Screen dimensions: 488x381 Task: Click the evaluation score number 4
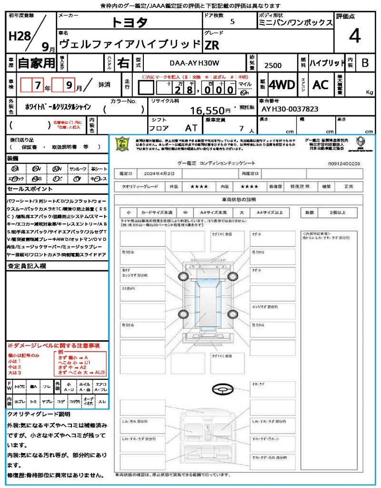click(354, 36)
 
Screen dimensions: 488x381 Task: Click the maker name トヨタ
click(130, 22)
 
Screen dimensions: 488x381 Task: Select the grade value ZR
click(212, 45)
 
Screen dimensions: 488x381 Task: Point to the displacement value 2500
click(273, 65)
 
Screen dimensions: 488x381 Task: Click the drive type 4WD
click(282, 85)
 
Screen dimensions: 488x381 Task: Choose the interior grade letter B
click(365, 63)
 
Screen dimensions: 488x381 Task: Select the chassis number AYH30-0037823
click(290, 109)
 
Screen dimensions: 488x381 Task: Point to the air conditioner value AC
click(321, 85)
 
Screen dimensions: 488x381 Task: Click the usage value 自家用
click(36, 63)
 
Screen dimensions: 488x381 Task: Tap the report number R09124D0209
click(344, 163)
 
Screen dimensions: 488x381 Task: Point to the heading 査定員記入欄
click(26, 266)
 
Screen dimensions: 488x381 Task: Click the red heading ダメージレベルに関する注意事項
click(53, 345)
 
